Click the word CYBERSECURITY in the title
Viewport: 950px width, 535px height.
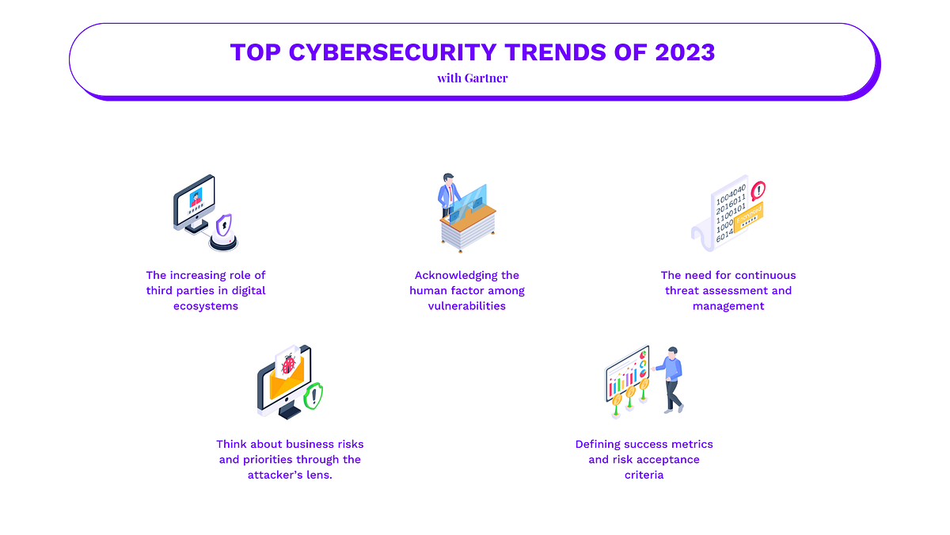click(x=393, y=52)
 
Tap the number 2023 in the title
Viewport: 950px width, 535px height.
click(x=685, y=52)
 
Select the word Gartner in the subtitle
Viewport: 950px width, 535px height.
click(x=486, y=78)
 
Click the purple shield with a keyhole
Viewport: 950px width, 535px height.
click(x=224, y=225)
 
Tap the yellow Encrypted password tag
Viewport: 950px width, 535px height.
click(x=750, y=217)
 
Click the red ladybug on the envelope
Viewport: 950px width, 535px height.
click(x=289, y=365)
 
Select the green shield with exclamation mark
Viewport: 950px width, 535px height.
click(x=313, y=396)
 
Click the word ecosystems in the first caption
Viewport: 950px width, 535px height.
click(x=206, y=306)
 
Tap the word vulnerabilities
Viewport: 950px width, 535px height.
click(x=467, y=306)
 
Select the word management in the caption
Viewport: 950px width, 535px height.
click(x=728, y=306)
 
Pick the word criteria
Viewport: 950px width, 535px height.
click(x=644, y=475)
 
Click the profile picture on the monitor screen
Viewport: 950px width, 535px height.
click(x=196, y=198)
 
